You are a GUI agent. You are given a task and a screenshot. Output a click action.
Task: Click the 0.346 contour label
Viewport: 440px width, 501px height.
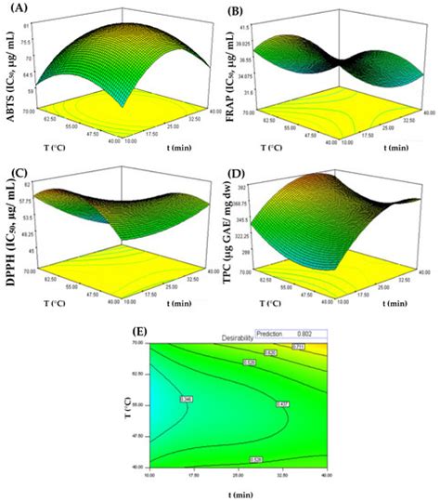pos(186,400)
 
